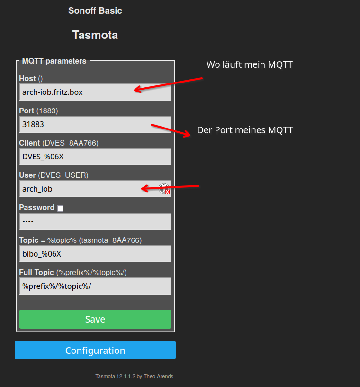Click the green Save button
pos(95,319)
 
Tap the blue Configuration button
pos(95,350)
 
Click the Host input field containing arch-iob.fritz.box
pos(95,92)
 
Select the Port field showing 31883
pos(95,124)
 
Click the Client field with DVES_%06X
pos(95,157)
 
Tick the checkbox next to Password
pos(60,208)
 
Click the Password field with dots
pos(95,221)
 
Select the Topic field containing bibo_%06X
pos(95,254)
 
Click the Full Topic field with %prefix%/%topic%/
pos(95,286)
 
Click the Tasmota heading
pos(95,35)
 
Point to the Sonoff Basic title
pos(95,10)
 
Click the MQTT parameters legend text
pos(54,61)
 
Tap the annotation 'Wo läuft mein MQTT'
pos(250,64)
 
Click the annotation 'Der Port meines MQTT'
pos(245,130)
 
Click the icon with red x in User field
pos(164,189)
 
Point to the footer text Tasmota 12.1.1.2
pos(135,376)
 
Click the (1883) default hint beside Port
pos(47,111)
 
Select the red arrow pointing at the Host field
pos(169,84)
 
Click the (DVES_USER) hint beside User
pos(63,175)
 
